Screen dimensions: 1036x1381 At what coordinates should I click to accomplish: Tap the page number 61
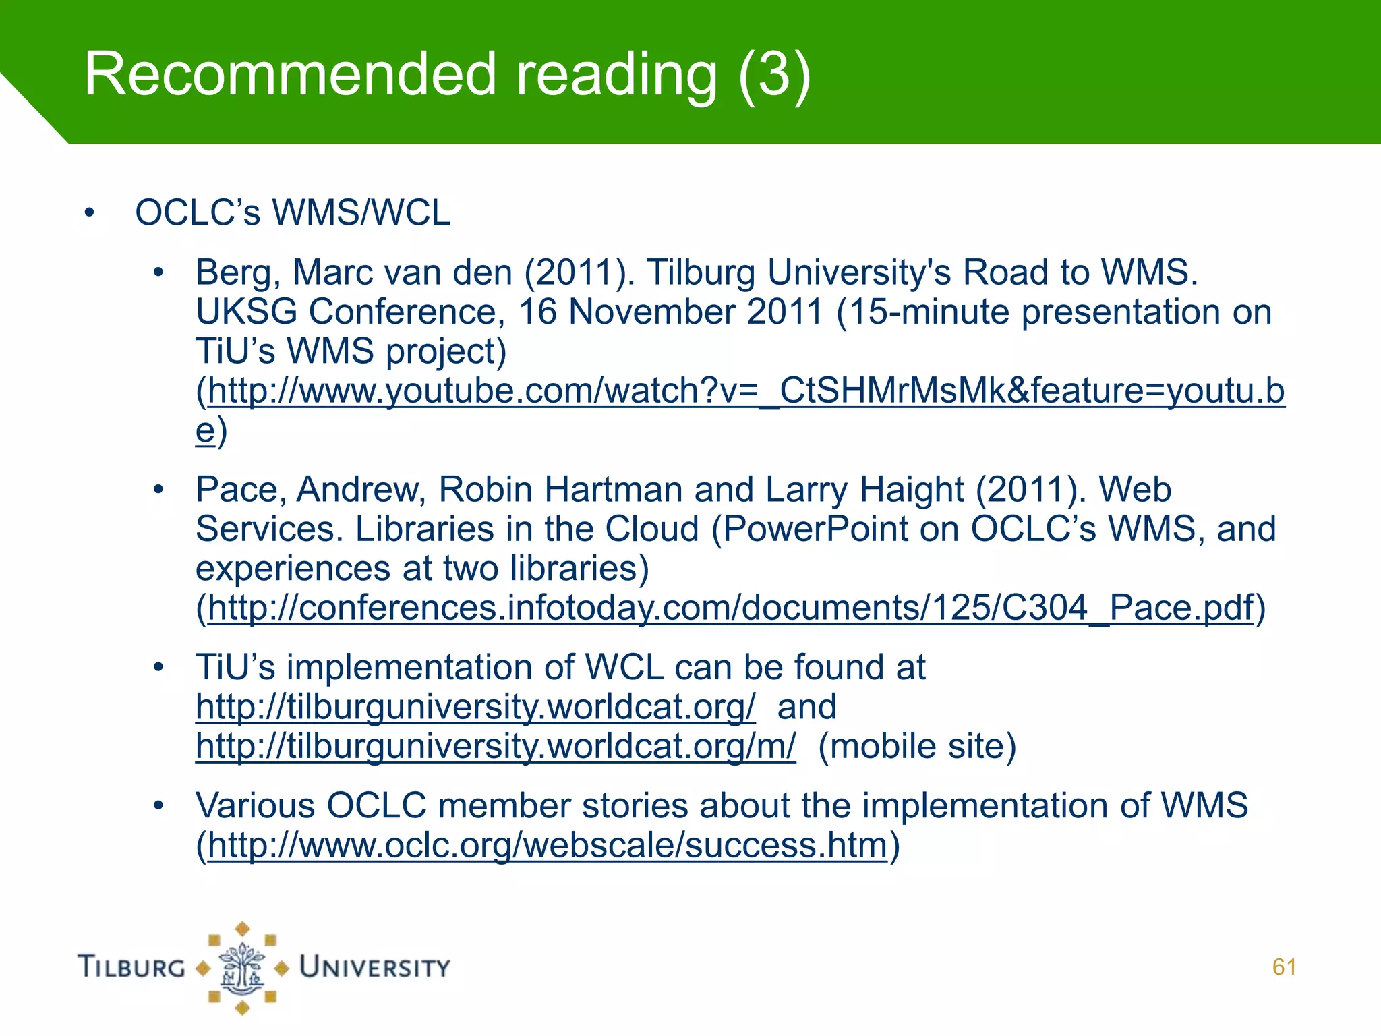click(1284, 967)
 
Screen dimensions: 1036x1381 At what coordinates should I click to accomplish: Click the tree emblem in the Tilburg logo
click(242, 969)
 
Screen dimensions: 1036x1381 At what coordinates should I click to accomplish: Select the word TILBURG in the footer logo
click(132, 967)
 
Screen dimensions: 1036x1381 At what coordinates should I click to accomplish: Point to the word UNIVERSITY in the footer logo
click(375, 967)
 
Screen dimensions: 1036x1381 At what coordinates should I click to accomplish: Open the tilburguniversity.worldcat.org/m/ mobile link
click(496, 747)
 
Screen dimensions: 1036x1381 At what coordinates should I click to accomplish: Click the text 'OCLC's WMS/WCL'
click(293, 213)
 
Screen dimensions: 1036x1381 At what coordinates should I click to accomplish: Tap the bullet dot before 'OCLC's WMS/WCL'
click(90, 213)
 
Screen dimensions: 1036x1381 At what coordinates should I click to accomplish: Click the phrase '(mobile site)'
click(917, 747)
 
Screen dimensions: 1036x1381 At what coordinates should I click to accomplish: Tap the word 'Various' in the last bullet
click(255, 806)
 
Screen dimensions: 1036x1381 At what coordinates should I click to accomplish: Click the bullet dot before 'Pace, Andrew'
click(158, 490)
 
